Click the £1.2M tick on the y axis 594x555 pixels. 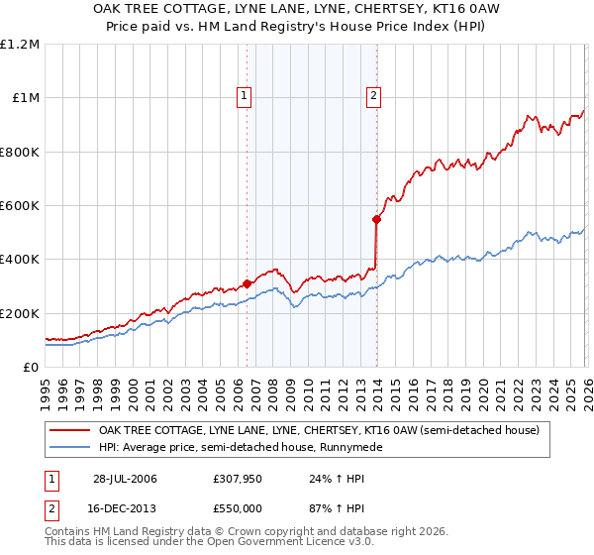pyautogui.click(x=20, y=45)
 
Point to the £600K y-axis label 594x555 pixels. pyautogui.click(x=20, y=206)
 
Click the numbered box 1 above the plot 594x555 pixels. pyautogui.click(x=245, y=96)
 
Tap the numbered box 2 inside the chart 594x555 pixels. pyautogui.click(x=373, y=96)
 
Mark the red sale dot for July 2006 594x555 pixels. pyautogui.click(x=247, y=284)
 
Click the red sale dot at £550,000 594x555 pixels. pyautogui.click(x=376, y=219)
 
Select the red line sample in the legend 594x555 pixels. pyautogui.click(x=70, y=431)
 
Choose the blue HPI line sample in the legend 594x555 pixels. pyautogui.click(x=70, y=448)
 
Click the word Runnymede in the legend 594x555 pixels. pyautogui.click(x=354, y=448)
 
